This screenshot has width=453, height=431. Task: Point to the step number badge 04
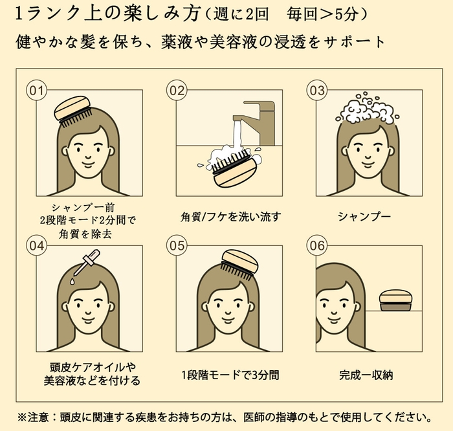[x=37, y=246]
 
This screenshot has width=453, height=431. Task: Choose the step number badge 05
[x=177, y=246]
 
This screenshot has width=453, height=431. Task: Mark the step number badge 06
[x=316, y=246]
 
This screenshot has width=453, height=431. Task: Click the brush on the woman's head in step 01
[x=75, y=109]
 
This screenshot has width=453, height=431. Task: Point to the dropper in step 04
[x=82, y=266]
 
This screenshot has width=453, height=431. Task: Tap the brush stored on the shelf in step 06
[x=395, y=300]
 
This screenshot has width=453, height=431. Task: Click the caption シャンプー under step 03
[x=364, y=216]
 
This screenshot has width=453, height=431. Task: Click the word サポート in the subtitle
[x=353, y=42]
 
